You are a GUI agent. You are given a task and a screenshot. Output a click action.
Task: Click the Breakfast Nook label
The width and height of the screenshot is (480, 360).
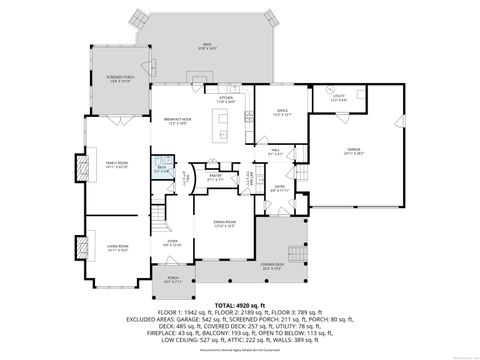click(x=176, y=120)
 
